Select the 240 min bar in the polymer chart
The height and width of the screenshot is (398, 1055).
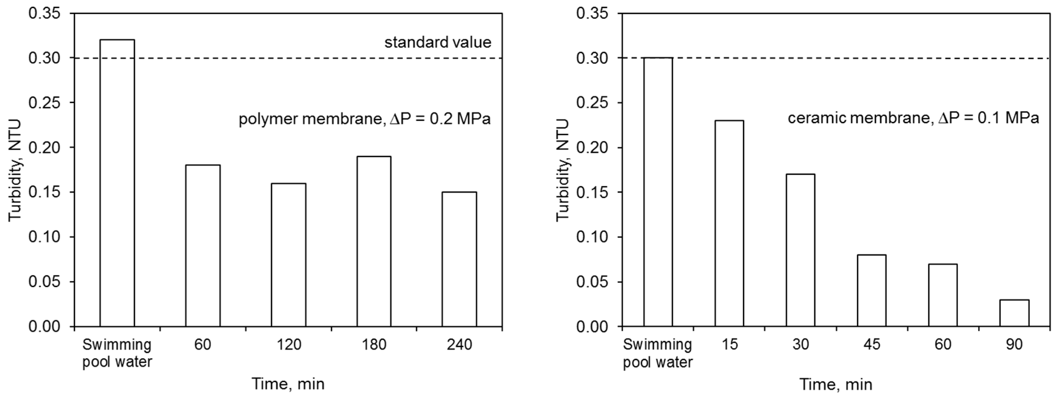(459, 259)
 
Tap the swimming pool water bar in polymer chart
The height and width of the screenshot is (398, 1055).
(117, 183)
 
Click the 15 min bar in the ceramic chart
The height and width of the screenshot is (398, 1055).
(729, 223)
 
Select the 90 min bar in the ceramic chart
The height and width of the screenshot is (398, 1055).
(1014, 313)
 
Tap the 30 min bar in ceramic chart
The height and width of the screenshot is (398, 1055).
(801, 250)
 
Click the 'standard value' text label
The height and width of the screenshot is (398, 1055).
(437, 42)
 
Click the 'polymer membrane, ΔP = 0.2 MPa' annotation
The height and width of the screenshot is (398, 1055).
(365, 120)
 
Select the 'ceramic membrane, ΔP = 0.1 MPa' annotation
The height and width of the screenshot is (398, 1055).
(913, 118)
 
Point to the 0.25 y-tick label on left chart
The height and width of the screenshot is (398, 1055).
(44, 103)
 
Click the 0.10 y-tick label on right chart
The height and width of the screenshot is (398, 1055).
(592, 237)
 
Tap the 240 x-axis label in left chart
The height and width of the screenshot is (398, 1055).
(459, 345)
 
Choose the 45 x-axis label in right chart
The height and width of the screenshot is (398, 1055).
(872, 345)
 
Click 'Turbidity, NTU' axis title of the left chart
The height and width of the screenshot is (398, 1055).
(15, 170)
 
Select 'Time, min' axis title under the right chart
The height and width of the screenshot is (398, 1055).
(836, 384)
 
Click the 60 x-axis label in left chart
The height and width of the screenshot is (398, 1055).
(203, 345)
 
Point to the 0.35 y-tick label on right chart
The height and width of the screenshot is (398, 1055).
(592, 14)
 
